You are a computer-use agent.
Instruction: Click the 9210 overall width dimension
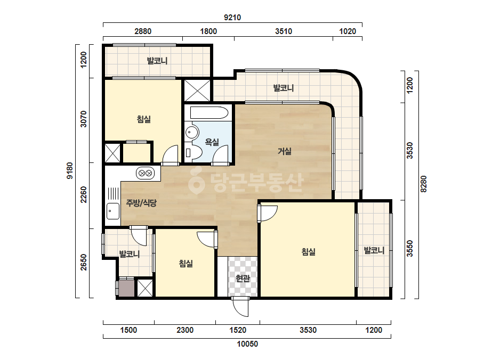(x=232, y=18)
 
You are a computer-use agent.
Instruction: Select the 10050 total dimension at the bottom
(x=247, y=344)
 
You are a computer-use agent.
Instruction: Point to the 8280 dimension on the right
(x=423, y=184)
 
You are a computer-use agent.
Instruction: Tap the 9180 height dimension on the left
(x=69, y=170)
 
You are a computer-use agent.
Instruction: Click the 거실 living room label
(x=285, y=151)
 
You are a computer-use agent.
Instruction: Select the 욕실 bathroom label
(x=212, y=142)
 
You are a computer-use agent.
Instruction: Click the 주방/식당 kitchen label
(x=141, y=203)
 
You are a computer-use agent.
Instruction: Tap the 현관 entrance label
(x=243, y=278)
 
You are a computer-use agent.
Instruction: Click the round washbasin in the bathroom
(x=192, y=132)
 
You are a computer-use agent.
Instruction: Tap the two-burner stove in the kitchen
(x=146, y=173)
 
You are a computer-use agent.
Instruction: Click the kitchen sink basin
(x=113, y=211)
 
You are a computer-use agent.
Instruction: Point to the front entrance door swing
(x=241, y=307)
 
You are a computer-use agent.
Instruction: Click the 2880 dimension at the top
(x=143, y=31)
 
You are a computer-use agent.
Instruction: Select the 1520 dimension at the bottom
(x=238, y=330)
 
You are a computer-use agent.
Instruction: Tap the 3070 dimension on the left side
(x=83, y=119)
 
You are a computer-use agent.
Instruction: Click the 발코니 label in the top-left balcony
(x=157, y=61)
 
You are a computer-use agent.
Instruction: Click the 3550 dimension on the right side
(x=410, y=249)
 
